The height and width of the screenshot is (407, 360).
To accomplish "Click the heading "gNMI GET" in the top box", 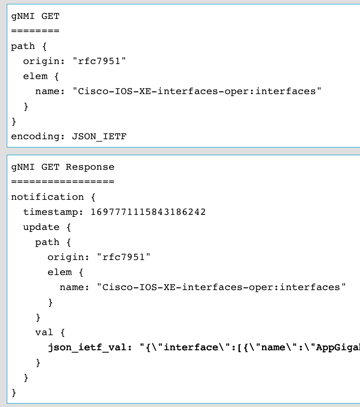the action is coord(35,16).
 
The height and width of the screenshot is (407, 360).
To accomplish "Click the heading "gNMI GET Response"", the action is coord(63,167).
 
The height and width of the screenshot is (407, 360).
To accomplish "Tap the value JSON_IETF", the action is coord(99,136).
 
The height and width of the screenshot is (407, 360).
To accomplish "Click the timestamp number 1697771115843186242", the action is coord(148,212).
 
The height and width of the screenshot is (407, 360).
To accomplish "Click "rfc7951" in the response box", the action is coord(124,257).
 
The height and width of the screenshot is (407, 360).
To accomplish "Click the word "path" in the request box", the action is coord(23,46).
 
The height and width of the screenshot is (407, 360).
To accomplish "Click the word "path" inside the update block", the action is coord(47,242).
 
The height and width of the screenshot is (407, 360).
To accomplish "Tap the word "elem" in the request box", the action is coord(35,76).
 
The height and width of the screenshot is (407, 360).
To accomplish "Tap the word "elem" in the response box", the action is coord(59,272).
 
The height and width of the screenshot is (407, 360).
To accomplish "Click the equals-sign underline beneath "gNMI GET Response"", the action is coord(63,182).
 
